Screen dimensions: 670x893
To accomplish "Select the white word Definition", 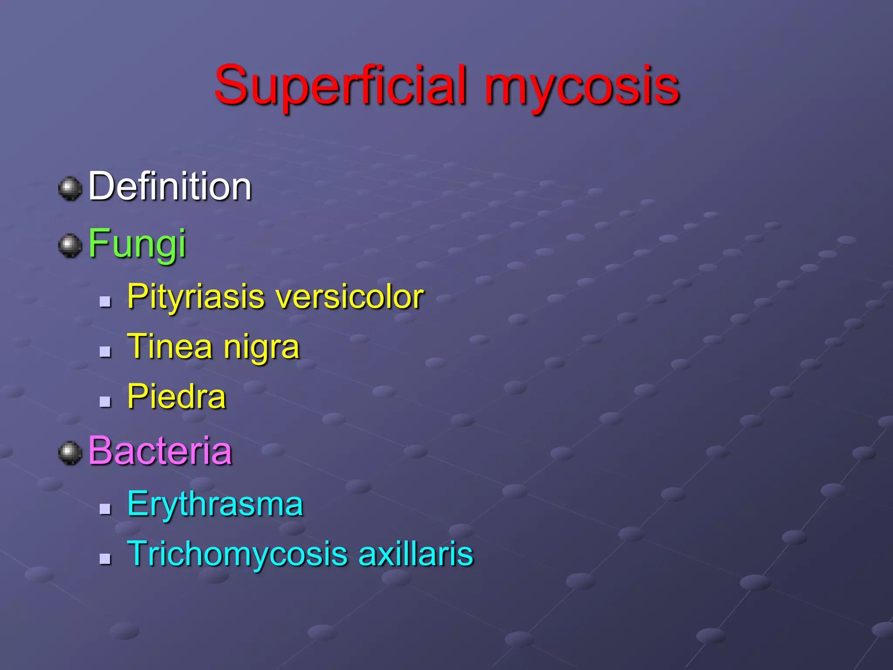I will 170,187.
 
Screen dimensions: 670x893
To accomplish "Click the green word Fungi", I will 137,244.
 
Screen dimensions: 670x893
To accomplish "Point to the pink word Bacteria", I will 160,451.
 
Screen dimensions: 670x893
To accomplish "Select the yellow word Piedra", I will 177,397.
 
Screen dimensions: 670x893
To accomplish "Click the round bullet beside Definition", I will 70,188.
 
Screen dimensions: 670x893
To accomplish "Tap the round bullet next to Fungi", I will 70,246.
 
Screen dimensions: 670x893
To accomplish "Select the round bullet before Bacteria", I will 70,453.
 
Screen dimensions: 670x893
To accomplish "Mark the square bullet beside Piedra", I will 105,402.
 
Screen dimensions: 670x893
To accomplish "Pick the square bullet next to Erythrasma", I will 105,509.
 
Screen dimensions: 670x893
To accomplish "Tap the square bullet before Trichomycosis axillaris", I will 105,559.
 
